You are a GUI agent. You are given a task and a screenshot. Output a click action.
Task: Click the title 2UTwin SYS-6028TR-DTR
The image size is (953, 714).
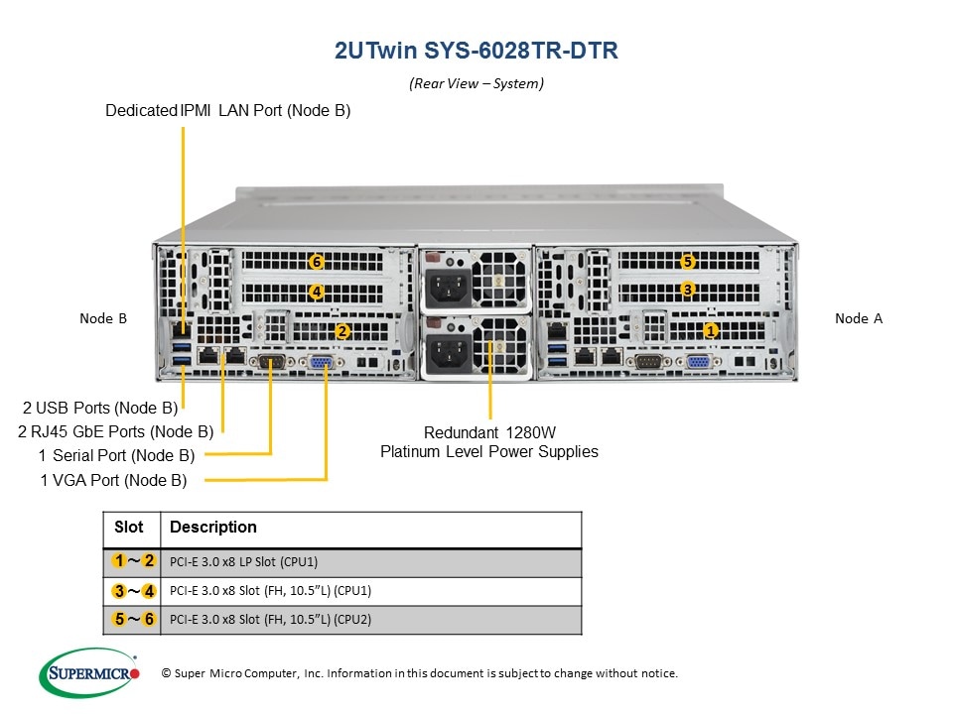click(x=476, y=52)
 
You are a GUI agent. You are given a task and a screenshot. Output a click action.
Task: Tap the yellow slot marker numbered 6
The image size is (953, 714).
click(x=316, y=262)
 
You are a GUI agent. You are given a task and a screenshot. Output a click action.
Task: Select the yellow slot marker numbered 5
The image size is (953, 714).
click(x=688, y=262)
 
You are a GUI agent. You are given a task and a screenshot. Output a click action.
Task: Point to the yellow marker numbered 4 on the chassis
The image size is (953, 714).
click(x=316, y=292)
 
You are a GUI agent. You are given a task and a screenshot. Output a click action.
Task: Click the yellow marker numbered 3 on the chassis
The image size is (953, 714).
click(x=688, y=289)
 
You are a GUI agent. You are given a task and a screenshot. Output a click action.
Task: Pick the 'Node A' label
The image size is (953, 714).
click(x=859, y=318)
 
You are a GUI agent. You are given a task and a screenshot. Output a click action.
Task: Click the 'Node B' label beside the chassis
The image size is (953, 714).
click(x=103, y=318)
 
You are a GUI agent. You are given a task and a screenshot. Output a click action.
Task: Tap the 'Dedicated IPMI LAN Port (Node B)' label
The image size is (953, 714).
click(x=227, y=111)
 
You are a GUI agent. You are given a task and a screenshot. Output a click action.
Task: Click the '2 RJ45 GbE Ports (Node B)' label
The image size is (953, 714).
click(x=115, y=431)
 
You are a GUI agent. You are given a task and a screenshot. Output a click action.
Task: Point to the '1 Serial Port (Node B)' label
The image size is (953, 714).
click(x=116, y=456)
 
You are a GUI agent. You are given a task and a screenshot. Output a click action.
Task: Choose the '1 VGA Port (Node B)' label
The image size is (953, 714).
click(x=113, y=481)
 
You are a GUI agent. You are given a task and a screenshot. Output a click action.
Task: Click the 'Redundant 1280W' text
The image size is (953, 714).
click(x=489, y=433)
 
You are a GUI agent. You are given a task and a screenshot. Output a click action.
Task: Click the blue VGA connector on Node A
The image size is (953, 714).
click(x=697, y=363)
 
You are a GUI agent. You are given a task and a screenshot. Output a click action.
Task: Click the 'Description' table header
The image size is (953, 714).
click(x=213, y=528)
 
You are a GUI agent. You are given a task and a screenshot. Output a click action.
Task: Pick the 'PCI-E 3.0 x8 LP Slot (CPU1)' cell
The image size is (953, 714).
click(x=244, y=562)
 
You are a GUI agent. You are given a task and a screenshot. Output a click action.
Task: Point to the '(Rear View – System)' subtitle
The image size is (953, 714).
click(x=476, y=84)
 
